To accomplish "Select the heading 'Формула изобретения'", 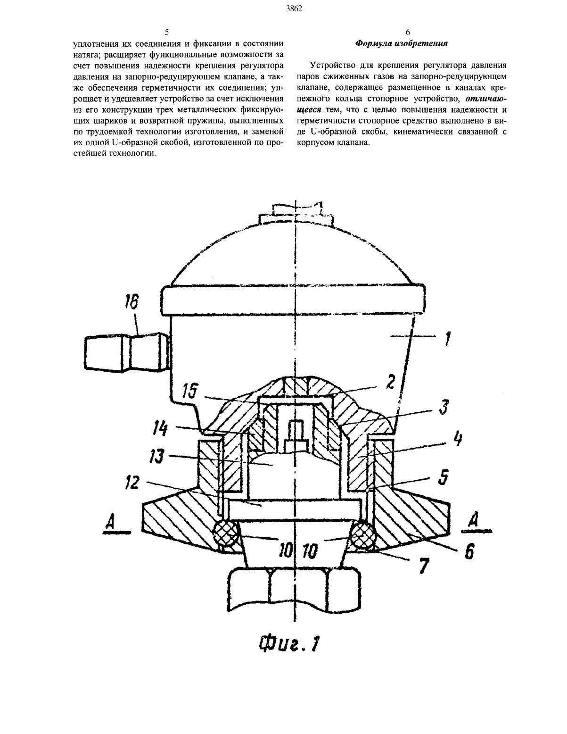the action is coord(402,43).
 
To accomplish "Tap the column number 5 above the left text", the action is coord(167,32).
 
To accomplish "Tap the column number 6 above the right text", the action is coord(408,32).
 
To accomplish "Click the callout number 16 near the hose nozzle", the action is coord(131,302).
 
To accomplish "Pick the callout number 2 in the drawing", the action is coord(390,382).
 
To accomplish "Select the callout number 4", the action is coord(457,440).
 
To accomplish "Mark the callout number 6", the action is coord(469,551).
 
